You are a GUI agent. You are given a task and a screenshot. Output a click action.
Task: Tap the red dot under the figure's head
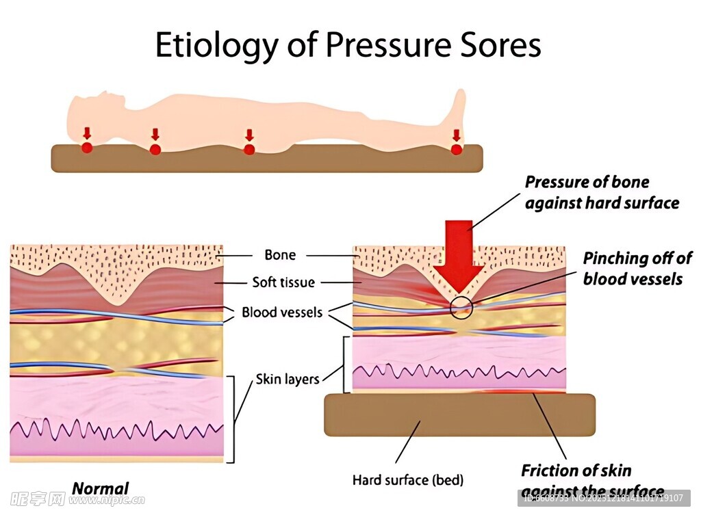click(87, 147)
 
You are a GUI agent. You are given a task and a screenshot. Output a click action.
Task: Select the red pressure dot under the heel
click(457, 148)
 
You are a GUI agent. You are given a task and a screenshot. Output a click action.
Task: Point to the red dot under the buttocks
click(249, 149)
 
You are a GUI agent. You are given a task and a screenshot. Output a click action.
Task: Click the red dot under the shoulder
click(155, 149)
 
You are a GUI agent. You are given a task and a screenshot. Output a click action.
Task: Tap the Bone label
click(280, 255)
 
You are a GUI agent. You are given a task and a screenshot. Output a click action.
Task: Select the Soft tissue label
click(283, 282)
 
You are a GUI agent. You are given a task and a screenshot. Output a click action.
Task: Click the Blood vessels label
click(281, 313)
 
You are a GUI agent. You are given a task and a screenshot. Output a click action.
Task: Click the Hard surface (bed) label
click(407, 479)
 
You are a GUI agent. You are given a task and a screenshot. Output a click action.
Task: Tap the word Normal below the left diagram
click(100, 488)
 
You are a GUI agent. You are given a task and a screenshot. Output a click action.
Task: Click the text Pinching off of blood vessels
click(636, 268)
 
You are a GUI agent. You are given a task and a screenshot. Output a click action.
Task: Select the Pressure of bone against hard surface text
click(601, 192)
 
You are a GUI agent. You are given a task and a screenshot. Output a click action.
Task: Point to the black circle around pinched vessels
click(461, 307)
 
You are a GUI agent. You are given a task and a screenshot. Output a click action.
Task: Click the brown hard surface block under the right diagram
click(459, 415)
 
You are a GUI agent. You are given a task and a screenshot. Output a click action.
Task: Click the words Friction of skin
click(576, 470)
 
